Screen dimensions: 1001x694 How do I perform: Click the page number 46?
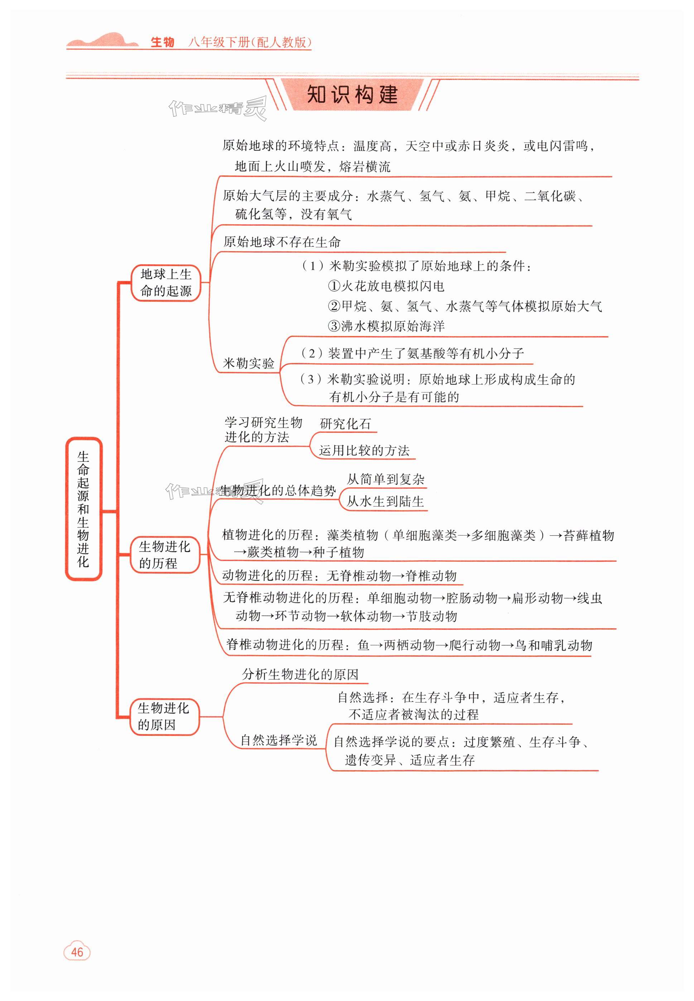click(77, 952)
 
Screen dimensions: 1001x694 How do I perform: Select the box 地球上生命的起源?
click(166, 283)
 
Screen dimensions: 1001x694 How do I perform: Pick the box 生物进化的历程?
click(165, 555)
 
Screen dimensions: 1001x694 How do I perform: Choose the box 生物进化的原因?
click(164, 717)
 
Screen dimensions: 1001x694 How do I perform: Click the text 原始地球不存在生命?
click(282, 242)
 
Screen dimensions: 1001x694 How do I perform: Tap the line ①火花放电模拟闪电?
click(386, 286)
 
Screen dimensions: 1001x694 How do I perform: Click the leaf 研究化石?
click(345, 424)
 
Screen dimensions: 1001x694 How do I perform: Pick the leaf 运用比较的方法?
click(364, 451)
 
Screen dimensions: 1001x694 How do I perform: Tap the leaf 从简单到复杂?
click(385, 479)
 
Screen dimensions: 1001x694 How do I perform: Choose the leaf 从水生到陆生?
click(385, 502)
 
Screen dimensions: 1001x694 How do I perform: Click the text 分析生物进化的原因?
click(300, 675)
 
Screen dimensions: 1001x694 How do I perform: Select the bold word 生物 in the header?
click(162, 42)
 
